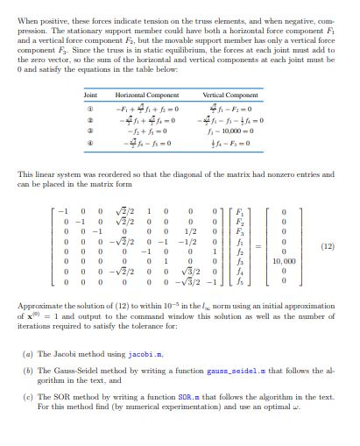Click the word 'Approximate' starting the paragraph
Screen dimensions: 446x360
(x=38, y=323)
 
